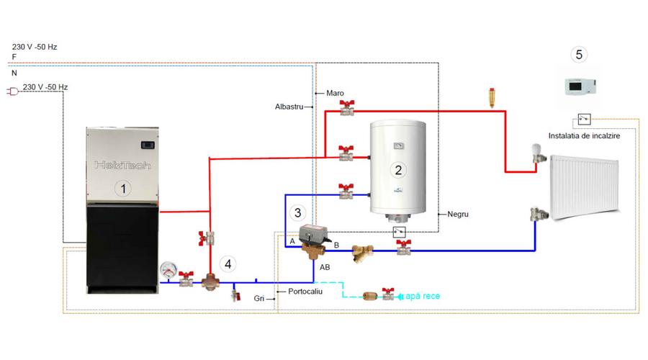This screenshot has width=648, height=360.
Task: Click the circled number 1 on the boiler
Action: (124, 189)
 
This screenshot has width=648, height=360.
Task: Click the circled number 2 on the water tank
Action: (397, 170)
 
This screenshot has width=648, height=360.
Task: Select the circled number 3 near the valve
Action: (297, 212)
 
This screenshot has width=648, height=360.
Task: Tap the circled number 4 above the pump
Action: (228, 264)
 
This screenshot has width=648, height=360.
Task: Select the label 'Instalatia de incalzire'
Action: (584, 135)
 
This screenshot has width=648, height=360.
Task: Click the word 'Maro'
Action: (335, 93)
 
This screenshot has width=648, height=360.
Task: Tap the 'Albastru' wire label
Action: (289, 107)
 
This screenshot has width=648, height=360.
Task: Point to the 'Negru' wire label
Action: (459, 214)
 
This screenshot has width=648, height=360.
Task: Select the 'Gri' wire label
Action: (258, 297)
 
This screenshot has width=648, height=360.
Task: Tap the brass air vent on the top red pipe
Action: (492, 96)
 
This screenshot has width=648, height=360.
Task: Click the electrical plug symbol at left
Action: (12, 91)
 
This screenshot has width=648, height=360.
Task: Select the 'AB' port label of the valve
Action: (325, 266)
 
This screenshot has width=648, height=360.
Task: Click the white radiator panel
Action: (583, 186)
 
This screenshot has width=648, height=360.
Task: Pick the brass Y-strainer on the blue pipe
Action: (362, 253)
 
